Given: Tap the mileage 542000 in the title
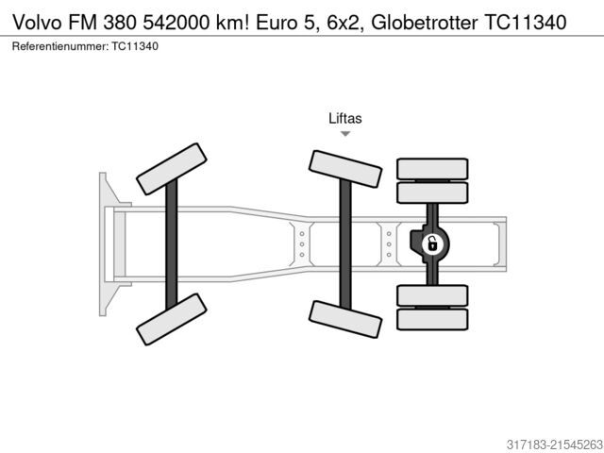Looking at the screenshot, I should [x=190, y=22].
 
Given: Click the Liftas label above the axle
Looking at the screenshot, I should [x=345, y=119].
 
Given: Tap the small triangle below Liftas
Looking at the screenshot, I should [x=345, y=134].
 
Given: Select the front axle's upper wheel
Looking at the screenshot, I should [x=172, y=169].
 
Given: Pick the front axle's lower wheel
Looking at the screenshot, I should [x=172, y=318].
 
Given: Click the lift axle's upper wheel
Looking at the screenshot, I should [x=345, y=168].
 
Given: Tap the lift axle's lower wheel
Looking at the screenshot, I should [x=345, y=319].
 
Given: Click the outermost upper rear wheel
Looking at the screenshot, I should [x=432, y=168].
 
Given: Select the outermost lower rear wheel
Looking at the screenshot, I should [x=432, y=319].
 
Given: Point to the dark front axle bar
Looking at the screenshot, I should [x=172, y=243].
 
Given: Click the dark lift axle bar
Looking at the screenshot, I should [x=345, y=243].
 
